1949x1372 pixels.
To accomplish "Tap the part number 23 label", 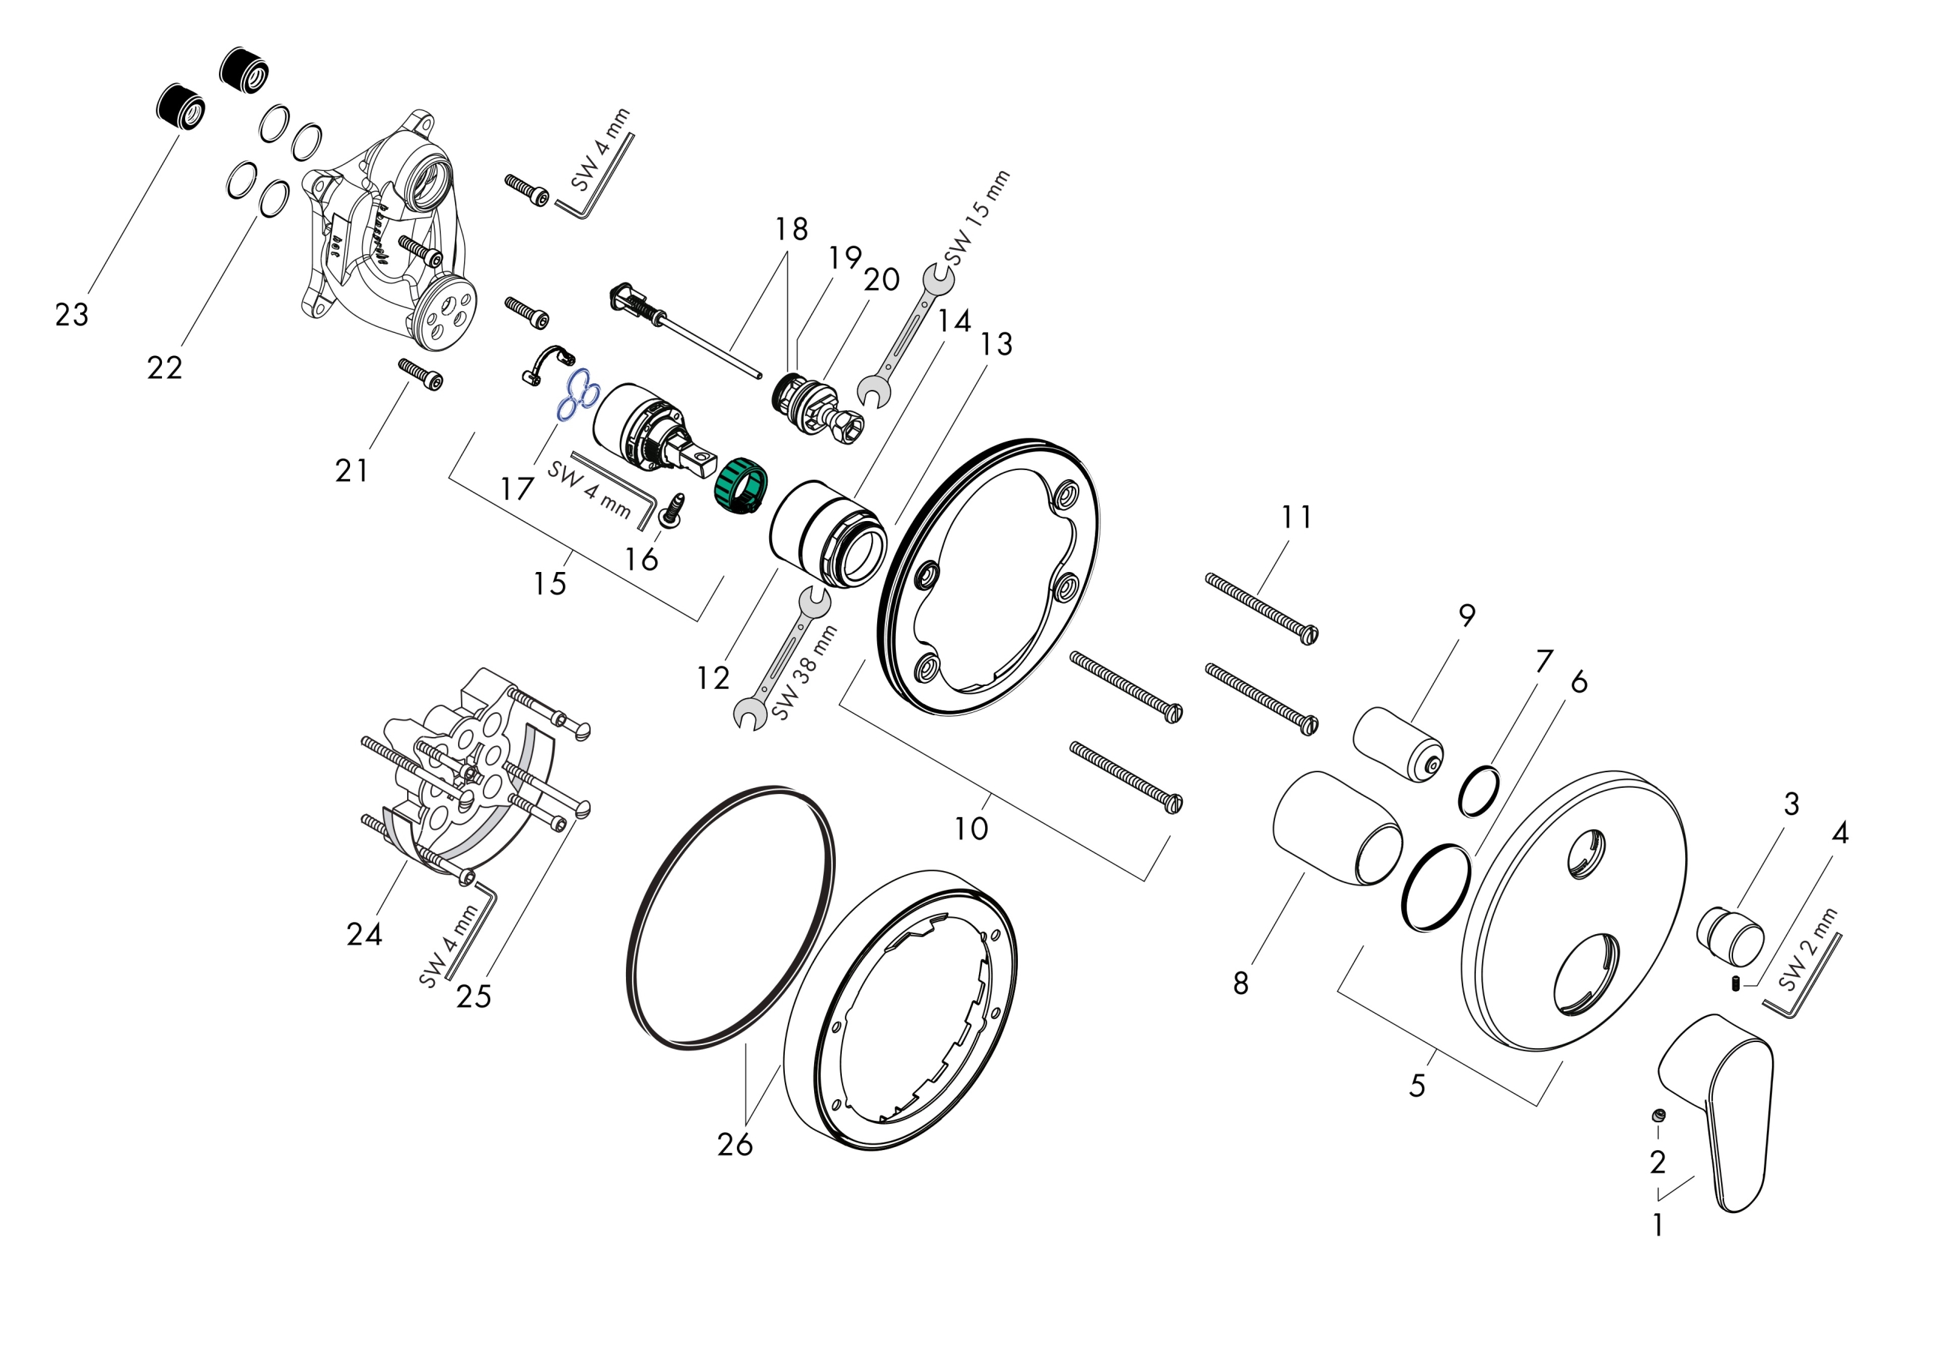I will tap(72, 316).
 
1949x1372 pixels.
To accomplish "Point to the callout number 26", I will tap(735, 1146).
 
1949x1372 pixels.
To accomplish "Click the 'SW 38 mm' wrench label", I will tap(805, 673).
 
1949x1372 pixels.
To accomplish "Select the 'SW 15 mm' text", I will tap(978, 217).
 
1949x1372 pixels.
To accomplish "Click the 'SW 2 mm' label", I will tap(1808, 948).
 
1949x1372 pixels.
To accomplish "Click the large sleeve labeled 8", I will tap(1337, 829).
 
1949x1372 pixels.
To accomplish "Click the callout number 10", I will tap(971, 828).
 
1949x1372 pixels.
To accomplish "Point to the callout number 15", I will tap(549, 583).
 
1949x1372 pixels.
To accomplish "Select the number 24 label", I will tap(364, 935).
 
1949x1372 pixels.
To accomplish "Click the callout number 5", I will tap(1417, 1085).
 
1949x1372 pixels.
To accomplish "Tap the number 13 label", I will tap(995, 344).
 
